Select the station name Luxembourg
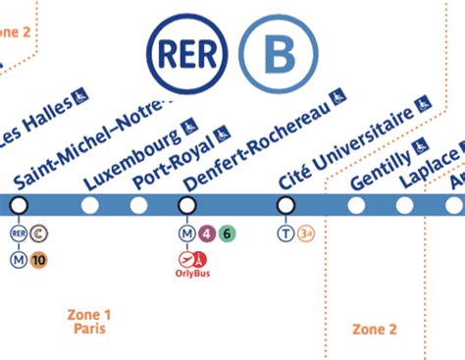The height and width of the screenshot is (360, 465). tap(131, 158)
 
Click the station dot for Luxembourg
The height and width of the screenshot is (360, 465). tap(90, 205)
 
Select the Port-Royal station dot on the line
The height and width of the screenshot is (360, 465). tap(138, 205)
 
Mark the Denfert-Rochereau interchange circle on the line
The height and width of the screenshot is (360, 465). tap(186, 205)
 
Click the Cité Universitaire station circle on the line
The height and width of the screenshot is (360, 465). tap(286, 205)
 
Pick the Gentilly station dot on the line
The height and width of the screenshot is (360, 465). tap(355, 205)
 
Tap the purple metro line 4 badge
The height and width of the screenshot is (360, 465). tap(207, 233)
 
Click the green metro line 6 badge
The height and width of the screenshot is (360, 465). tap(227, 233)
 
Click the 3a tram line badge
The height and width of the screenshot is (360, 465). tap(307, 233)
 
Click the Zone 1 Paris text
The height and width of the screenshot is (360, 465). tap(89, 322)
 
